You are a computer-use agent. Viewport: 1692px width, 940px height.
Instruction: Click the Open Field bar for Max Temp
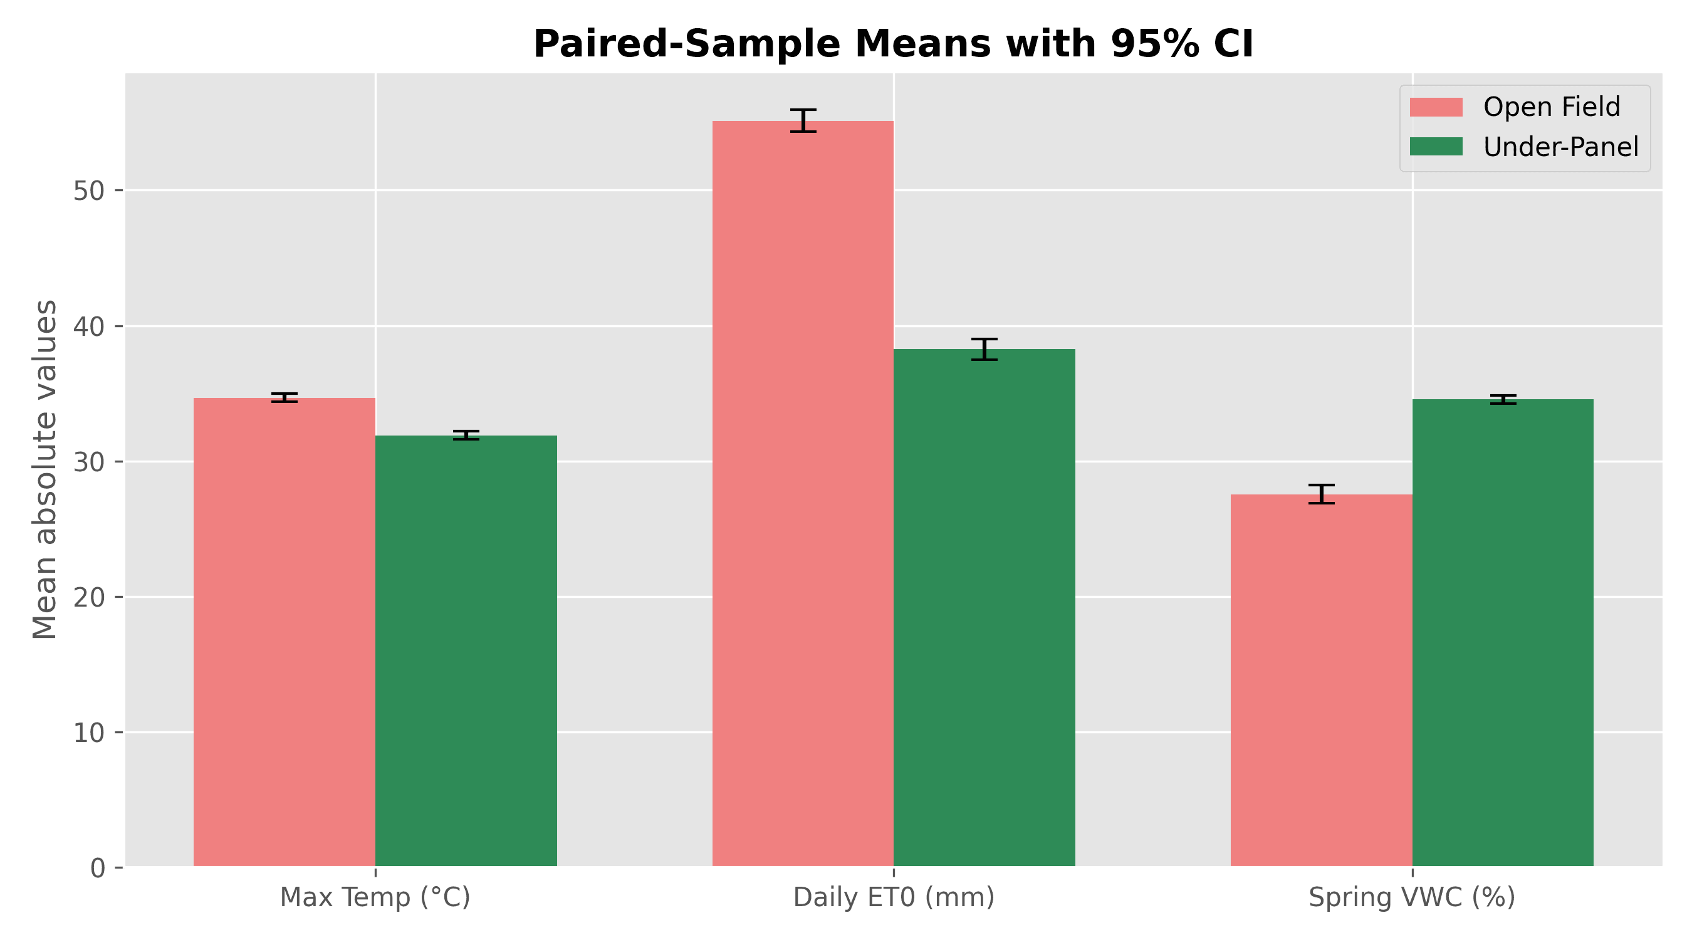pyautogui.click(x=285, y=632)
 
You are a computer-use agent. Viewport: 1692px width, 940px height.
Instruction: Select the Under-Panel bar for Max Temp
pyautogui.click(x=466, y=651)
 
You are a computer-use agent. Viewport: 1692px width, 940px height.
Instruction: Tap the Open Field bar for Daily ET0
pyautogui.click(x=803, y=494)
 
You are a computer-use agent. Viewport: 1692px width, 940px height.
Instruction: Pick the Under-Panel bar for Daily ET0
pyautogui.click(x=984, y=608)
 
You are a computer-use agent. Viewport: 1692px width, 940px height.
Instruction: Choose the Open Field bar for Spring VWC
pyautogui.click(x=1322, y=681)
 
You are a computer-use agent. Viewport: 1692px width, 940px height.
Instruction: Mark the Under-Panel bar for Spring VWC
pyautogui.click(x=1503, y=633)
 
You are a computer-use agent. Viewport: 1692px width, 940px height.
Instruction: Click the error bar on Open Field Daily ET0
pyautogui.click(x=803, y=121)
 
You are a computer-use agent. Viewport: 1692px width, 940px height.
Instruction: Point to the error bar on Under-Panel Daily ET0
pyautogui.click(x=984, y=350)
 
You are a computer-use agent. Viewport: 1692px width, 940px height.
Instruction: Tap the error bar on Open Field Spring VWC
pyautogui.click(x=1322, y=494)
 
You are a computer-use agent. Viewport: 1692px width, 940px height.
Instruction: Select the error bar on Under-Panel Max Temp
pyautogui.click(x=466, y=435)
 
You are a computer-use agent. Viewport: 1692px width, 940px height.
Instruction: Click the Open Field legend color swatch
pyautogui.click(x=1436, y=107)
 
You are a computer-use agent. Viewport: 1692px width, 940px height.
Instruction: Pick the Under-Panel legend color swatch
pyautogui.click(x=1436, y=147)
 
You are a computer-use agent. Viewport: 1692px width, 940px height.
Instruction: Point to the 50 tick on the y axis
pyautogui.click(x=119, y=191)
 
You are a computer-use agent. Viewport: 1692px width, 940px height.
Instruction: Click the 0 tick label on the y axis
pyautogui.click(x=98, y=869)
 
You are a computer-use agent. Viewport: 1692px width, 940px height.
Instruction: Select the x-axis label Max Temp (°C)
pyautogui.click(x=375, y=897)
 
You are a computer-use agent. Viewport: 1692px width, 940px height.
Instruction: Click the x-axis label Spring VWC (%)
pyautogui.click(x=1412, y=897)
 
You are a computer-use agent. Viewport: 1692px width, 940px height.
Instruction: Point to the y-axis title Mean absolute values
pyautogui.click(x=44, y=469)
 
